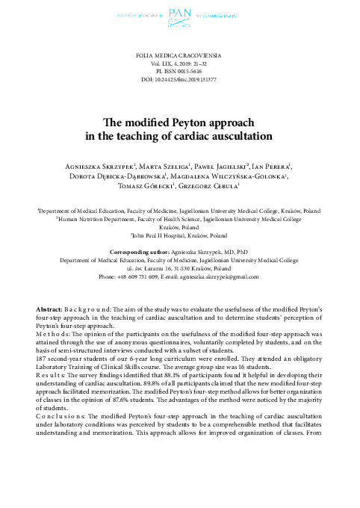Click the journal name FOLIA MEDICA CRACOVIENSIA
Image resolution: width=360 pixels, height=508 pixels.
click(x=179, y=56)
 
